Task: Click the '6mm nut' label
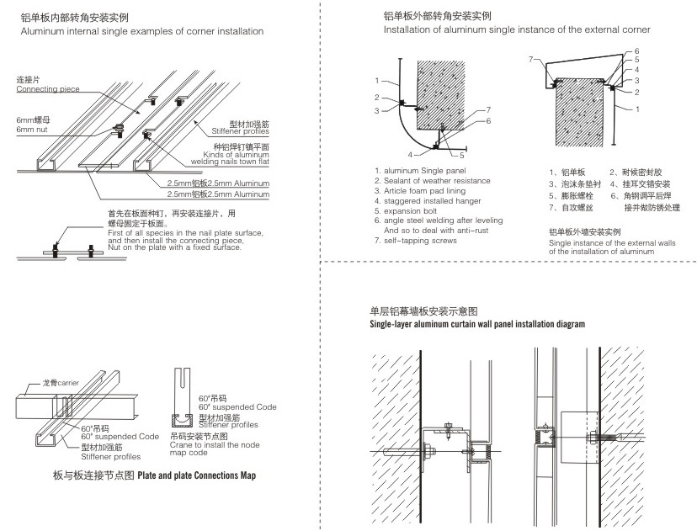31,129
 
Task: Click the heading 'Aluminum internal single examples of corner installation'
142,31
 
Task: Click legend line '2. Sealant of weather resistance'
432,181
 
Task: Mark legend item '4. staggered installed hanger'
429,200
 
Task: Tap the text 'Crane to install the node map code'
202,449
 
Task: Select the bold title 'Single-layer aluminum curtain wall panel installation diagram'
477,324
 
